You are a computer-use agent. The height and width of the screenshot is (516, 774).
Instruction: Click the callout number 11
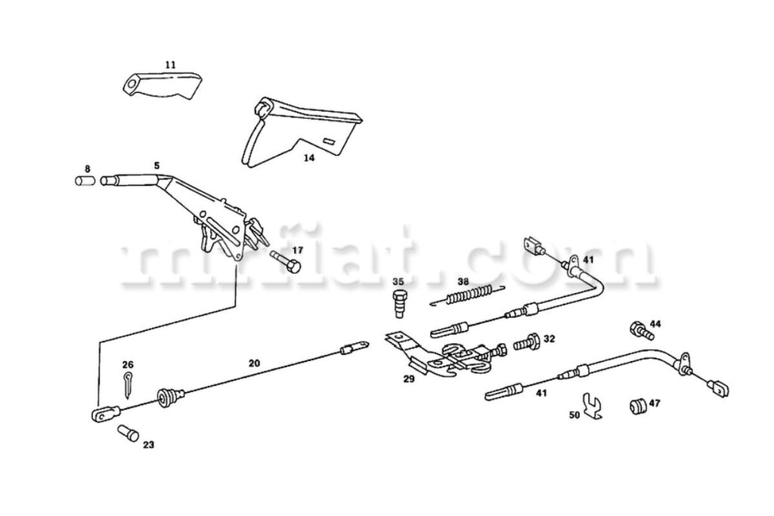(x=170, y=66)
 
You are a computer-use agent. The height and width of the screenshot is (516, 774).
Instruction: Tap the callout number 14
(x=309, y=158)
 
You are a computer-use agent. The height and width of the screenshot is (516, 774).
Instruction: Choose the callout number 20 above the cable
(x=254, y=363)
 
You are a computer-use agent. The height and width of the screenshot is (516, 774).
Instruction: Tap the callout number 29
(x=409, y=379)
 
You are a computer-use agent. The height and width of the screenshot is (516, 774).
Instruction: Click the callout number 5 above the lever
(x=156, y=165)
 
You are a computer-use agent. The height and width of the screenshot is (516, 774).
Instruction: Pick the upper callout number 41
(x=589, y=259)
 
